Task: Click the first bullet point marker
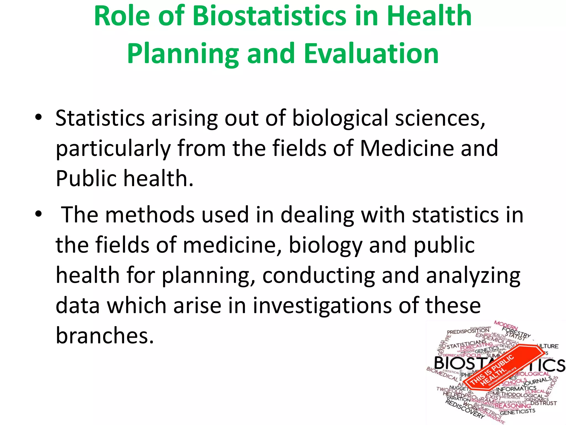point(38,118)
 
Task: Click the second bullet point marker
point(38,214)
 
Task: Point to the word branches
point(104,335)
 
